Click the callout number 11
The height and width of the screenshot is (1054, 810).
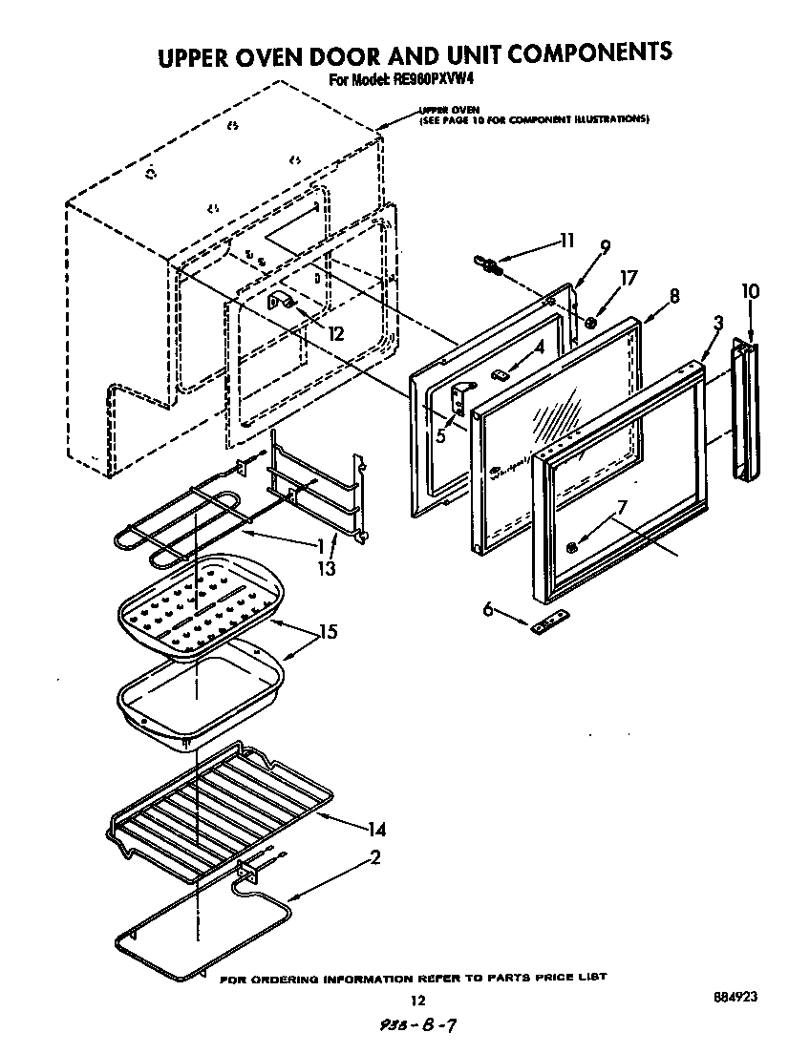coord(567,241)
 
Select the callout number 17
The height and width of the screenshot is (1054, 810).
coord(628,279)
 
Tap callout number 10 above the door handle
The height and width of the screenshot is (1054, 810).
coord(751,290)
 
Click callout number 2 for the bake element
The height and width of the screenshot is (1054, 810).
coord(375,857)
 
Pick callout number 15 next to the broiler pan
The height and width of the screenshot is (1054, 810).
coord(328,632)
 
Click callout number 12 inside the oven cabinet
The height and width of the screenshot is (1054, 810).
coord(334,333)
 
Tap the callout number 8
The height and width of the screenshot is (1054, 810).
coord(674,296)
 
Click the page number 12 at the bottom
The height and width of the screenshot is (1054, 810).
coord(416,1001)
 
